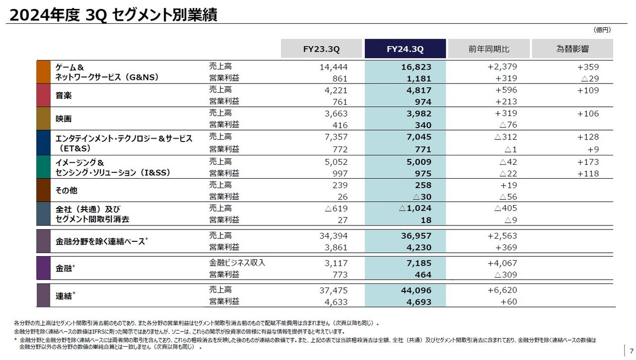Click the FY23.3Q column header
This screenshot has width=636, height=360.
coord(321,49)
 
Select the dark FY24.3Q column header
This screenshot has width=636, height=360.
coord(405,49)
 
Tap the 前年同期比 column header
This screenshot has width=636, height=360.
coord(488,49)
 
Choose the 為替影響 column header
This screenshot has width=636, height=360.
coord(572,49)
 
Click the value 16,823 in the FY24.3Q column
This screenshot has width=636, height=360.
coord(416,67)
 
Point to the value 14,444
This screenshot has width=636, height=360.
coord(333,67)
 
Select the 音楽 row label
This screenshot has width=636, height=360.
coord(64,95)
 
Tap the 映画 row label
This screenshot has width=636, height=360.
coord(64,119)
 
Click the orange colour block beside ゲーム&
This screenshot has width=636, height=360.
coord(44,72)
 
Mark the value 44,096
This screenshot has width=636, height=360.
coord(416,290)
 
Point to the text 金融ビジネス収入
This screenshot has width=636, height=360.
coord(237,263)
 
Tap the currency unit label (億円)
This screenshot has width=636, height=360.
coord(602,30)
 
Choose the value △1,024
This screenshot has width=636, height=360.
coord(415,209)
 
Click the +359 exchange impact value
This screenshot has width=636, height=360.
coord(588,67)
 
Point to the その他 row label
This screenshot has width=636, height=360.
coord(67,191)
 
